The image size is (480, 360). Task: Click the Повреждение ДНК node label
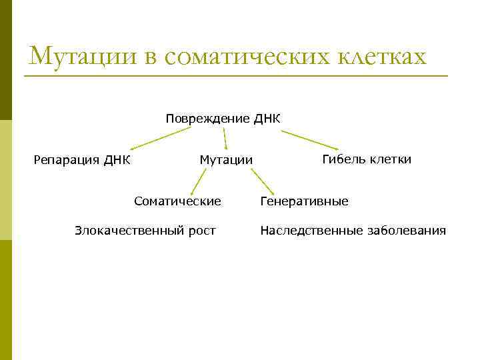click(223, 119)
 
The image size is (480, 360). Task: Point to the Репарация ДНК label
click(82, 160)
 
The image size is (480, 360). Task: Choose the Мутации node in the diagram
click(226, 160)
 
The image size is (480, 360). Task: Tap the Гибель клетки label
click(367, 159)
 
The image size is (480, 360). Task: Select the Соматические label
click(177, 200)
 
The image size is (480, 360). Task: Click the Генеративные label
click(304, 201)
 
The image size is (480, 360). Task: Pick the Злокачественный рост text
click(145, 231)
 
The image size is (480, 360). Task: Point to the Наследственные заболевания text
click(353, 231)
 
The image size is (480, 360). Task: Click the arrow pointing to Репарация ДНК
click(160, 139)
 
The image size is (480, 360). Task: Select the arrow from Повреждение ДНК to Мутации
click(225, 139)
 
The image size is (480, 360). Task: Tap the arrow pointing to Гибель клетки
click(309, 140)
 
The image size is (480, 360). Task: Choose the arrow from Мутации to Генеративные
click(262, 181)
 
